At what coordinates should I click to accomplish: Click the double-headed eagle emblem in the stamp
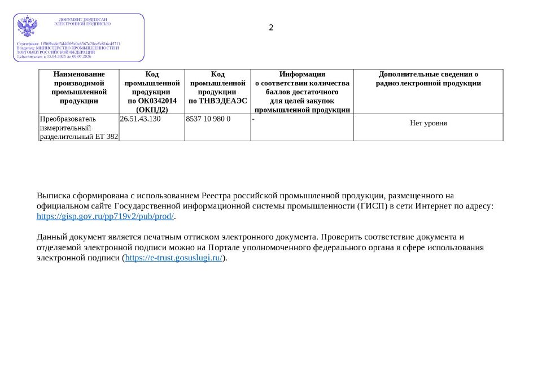coord(27,27)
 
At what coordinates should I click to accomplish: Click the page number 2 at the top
coord(271,28)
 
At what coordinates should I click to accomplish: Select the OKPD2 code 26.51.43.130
coord(140,119)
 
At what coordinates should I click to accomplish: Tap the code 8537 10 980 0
coord(208,119)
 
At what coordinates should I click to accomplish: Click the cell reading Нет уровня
coord(428,123)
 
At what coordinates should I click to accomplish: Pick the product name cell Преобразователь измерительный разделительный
coord(79,128)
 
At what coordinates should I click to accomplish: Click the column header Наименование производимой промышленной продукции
coord(79,88)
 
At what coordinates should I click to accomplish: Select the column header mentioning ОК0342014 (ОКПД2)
coord(152,92)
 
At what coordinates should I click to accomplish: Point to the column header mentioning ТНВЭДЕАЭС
coord(217,88)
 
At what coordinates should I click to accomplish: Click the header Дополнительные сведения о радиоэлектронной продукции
coord(428,79)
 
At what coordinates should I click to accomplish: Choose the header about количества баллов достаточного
coord(302,92)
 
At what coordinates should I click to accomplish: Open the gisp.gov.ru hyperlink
coord(106,216)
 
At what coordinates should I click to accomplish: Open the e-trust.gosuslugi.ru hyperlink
coord(174,258)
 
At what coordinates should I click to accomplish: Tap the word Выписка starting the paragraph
coord(53,196)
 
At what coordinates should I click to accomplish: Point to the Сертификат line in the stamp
coord(68,43)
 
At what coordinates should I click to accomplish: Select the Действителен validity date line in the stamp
coord(54,56)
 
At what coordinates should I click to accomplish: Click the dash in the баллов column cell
coord(253,119)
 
